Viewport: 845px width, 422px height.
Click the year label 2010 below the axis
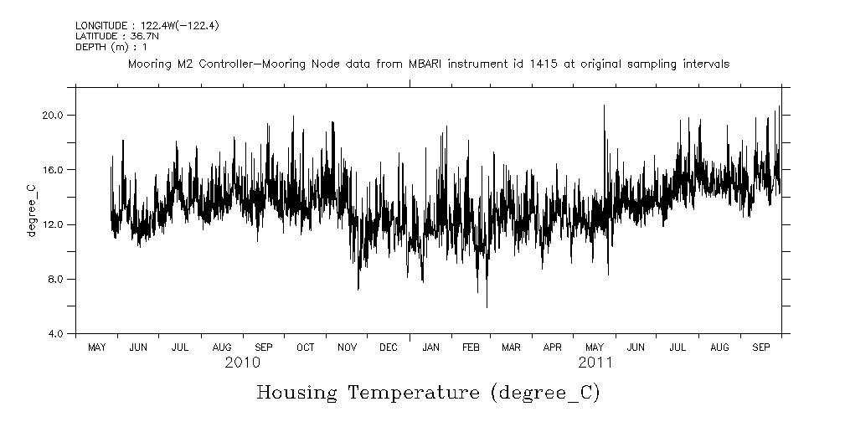click(x=242, y=363)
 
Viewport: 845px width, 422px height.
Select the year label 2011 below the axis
click(x=595, y=363)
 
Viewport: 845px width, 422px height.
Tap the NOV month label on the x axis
click(x=347, y=347)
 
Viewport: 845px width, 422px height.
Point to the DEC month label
click(x=389, y=347)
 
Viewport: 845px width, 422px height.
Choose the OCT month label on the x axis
click(x=306, y=347)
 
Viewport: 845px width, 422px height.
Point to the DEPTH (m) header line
click(x=100, y=47)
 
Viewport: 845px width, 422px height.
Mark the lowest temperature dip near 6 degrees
click(x=487, y=306)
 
